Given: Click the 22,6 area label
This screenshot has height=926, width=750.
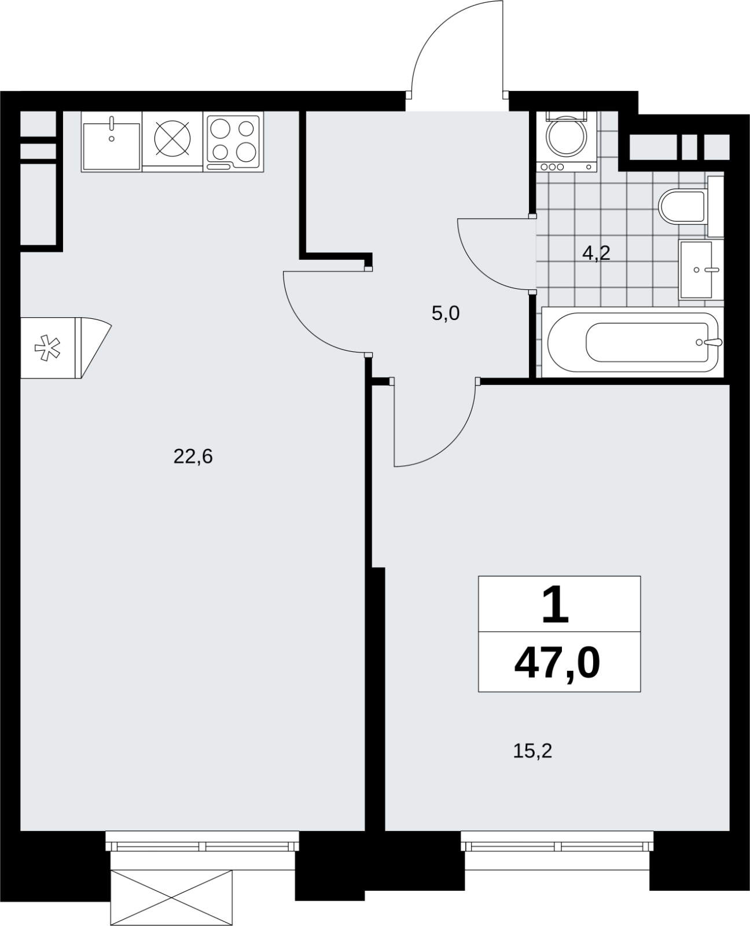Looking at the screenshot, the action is click(x=193, y=457).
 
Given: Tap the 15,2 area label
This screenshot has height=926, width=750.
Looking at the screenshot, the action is click(x=532, y=751).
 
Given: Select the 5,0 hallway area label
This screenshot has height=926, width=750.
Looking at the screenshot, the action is click(x=446, y=313).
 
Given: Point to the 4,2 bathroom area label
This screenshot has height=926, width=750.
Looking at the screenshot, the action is click(x=597, y=252).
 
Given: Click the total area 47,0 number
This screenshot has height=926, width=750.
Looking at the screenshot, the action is click(x=557, y=663).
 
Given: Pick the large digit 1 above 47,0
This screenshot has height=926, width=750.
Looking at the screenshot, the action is click(x=556, y=604).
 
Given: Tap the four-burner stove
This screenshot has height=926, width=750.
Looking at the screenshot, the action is click(x=233, y=142).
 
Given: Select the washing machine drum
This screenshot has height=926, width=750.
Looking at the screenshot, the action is click(x=566, y=137).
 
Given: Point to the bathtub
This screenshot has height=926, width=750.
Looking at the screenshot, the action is click(x=633, y=342).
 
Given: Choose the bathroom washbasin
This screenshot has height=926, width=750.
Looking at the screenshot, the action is click(x=700, y=270).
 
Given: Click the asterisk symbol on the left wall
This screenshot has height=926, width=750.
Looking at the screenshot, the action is click(x=47, y=348).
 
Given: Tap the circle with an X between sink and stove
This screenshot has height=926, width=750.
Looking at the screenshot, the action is click(x=172, y=139).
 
